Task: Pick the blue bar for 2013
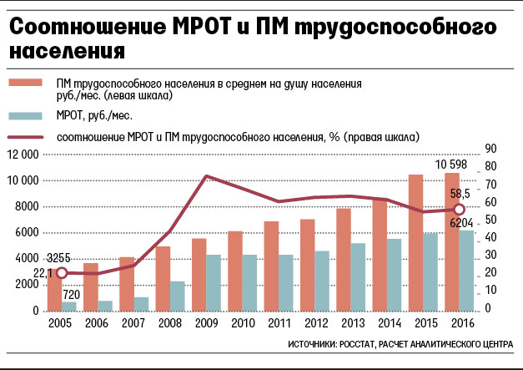coord(357,276)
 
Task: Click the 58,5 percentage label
coord(462,194)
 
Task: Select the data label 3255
coord(58,258)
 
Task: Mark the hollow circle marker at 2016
coord(457,209)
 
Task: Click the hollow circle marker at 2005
coord(59,272)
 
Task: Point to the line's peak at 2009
coord(206,176)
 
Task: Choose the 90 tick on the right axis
coord(491,148)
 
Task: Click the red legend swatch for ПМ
coord(33,84)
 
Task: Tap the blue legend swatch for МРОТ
coord(33,116)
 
